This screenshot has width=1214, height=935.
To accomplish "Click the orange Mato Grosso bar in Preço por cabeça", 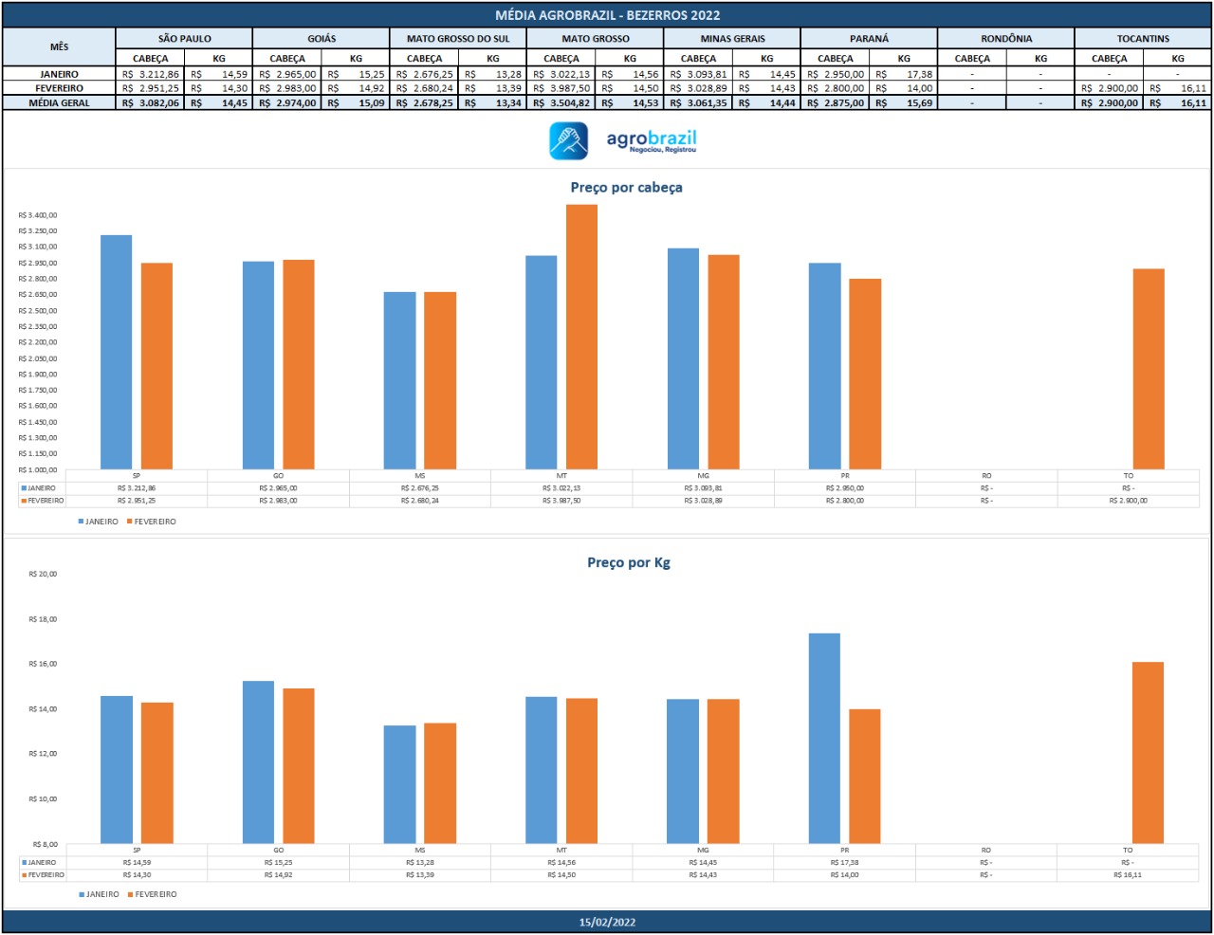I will click(x=581, y=337).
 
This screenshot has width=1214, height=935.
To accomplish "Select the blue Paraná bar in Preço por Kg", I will click(x=824, y=738).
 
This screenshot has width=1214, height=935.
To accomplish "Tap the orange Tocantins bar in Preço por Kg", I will click(x=1148, y=752).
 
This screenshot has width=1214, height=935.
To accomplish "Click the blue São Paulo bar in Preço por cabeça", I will click(x=117, y=352).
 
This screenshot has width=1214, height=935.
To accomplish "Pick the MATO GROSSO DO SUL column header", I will click(x=458, y=39).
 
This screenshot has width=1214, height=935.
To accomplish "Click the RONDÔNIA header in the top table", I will click(x=1006, y=39).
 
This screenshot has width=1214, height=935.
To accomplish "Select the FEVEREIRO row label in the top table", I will click(x=60, y=88).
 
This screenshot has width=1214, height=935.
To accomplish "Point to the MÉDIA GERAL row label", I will click(x=60, y=103).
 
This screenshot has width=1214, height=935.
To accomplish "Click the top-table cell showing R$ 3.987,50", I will click(x=561, y=88).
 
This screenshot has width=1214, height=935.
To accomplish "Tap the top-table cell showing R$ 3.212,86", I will click(x=151, y=74).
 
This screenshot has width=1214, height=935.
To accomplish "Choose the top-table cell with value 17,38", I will click(x=904, y=74).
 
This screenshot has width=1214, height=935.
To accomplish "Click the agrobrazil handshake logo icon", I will click(x=569, y=141).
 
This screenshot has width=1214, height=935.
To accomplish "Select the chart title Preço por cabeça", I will click(x=626, y=188).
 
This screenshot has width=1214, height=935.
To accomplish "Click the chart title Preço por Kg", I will click(x=628, y=562).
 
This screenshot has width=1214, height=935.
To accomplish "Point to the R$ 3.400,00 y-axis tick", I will click(x=38, y=215).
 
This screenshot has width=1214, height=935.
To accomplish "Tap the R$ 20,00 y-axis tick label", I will click(x=43, y=574).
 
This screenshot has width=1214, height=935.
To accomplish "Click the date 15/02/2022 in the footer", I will click(x=607, y=922).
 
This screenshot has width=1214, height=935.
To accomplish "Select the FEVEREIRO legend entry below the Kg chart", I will click(x=155, y=894).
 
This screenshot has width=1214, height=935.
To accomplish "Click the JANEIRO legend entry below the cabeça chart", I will click(x=101, y=522).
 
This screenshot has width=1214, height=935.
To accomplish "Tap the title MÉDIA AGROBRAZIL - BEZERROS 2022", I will click(x=607, y=15).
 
